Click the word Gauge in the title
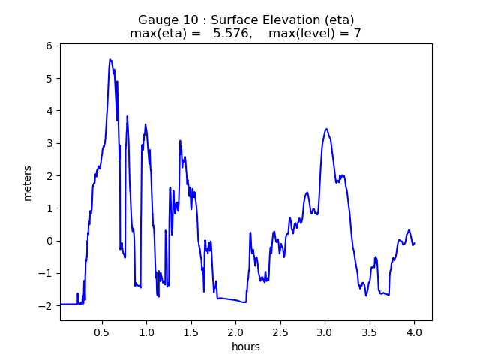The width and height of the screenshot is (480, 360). tap(156, 19)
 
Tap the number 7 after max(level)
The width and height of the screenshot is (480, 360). tap(357, 34)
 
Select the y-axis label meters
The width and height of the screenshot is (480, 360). tap(28, 182)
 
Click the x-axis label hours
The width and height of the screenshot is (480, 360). tap(245, 346)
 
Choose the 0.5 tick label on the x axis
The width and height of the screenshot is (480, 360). tap(101, 331)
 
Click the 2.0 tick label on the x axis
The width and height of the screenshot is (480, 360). tap(235, 331)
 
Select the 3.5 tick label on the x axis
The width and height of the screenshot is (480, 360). tap(369, 331)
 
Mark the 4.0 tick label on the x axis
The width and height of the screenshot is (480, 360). tap(414, 331)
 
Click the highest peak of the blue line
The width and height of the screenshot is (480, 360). tap(110, 59)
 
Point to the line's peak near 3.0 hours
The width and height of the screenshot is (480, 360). tap(326, 129)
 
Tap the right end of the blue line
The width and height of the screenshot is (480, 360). tap(414, 242)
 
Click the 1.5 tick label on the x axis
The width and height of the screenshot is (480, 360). tap(190, 331)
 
